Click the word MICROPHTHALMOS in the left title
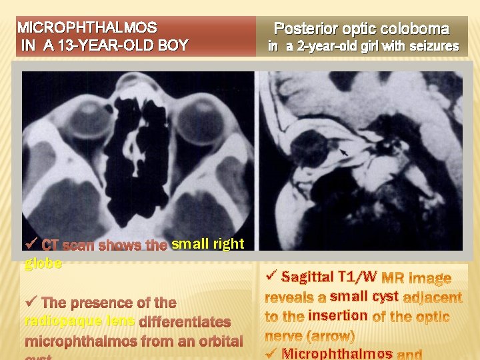tap(87, 28)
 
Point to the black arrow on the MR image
tap(344, 155)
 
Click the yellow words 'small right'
tap(207, 244)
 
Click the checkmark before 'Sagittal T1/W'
tap(271, 275)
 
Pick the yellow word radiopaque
tap(57, 321)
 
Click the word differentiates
tap(185, 322)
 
